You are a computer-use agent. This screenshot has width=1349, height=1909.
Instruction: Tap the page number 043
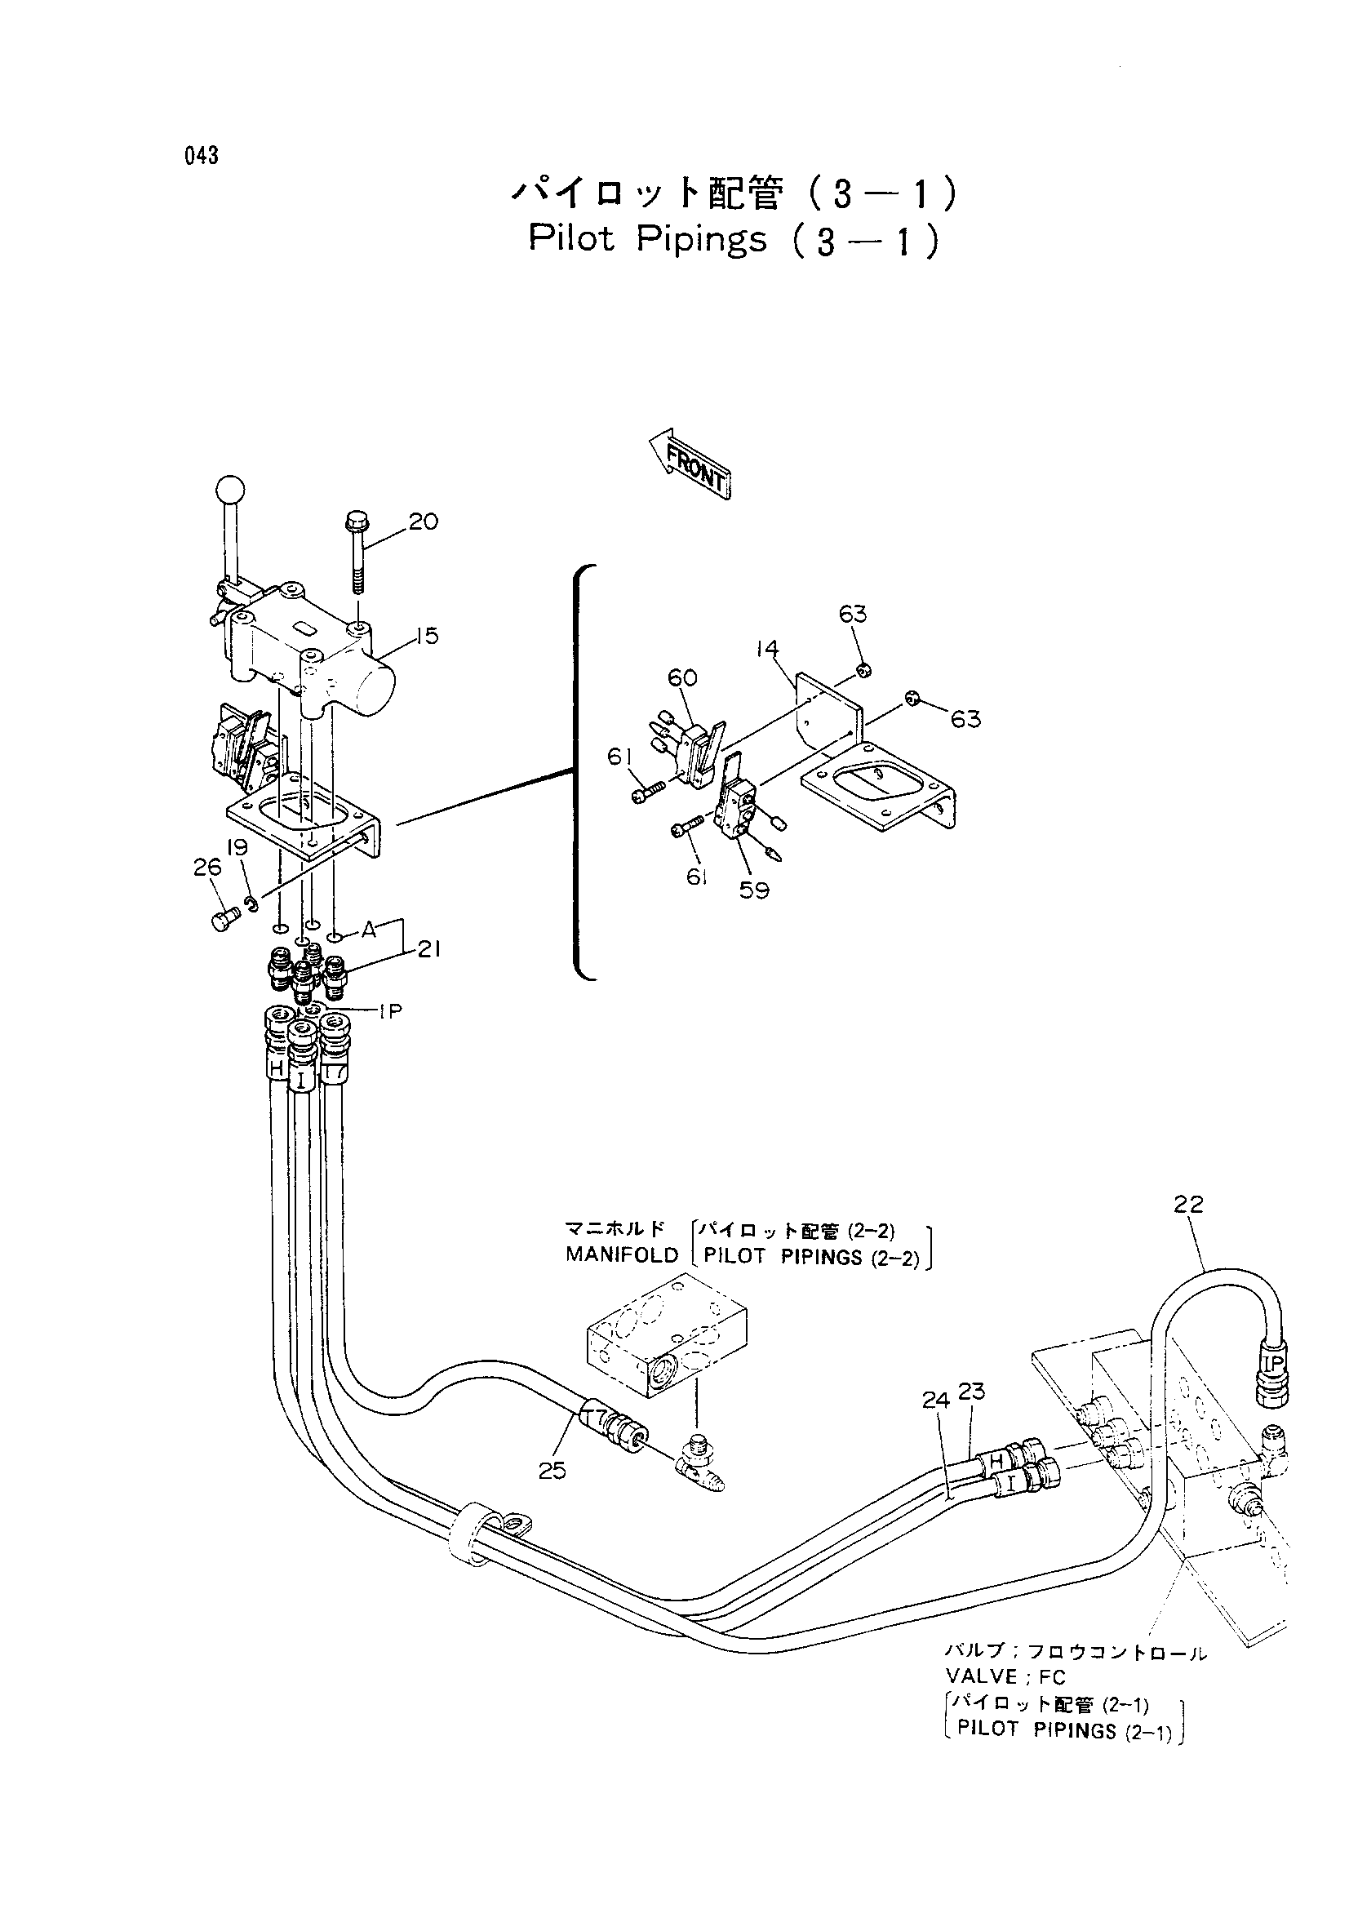pyautogui.click(x=202, y=156)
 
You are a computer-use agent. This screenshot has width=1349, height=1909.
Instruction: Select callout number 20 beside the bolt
pyautogui.click(x=423, y=522)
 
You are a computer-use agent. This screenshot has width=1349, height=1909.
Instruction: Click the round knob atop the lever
pyautogui.click(x=230, y=489)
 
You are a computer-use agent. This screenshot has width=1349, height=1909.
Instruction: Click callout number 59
pyautogui.click(x=754, y=890)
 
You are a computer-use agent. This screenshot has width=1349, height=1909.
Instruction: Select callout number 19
pyautogui.click(x=237, y=848)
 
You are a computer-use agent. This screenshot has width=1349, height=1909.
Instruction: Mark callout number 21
pyautogui.click(x=429, y=948)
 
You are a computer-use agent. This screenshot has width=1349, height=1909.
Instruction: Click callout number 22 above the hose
pyautogui.click(x=1188, y=1204)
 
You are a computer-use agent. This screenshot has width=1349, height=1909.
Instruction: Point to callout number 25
pyautogui.click(x=552, y=1472)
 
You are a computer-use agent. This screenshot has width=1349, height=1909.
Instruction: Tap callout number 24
pyautogui.click(x=936, y=1401)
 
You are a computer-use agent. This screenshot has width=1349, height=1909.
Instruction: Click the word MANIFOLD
pyautogui.click(x=622, y=1254)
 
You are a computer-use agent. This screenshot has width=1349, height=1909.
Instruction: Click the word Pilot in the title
pyautogui.click(x=572, y=238)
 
